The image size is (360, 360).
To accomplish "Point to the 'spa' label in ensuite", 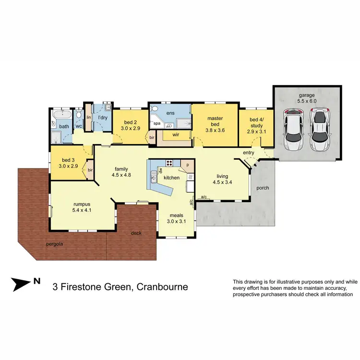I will (157, 123).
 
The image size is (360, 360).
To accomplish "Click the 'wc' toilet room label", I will (78, 127).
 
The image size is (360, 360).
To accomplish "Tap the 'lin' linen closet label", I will (89, 117).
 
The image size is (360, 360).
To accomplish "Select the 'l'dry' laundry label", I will (102, 118).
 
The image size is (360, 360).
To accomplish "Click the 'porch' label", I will (262, 188).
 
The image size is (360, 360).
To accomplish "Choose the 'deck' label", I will (136, 233).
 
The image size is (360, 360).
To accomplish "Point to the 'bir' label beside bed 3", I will (90, 169).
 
